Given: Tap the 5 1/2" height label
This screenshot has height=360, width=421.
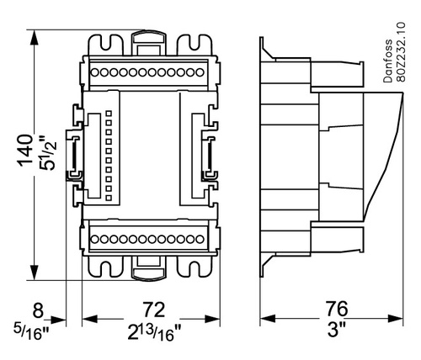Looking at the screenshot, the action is coord(48,153).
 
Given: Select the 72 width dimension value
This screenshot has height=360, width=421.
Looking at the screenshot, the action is coord(153,310).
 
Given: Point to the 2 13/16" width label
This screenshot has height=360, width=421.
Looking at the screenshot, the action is coord(154,332).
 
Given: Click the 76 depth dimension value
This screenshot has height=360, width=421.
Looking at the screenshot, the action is coord(337,309).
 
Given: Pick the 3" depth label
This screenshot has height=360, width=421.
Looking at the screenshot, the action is coord(337,329).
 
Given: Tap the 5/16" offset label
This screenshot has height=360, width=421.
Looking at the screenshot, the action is coord(31,332).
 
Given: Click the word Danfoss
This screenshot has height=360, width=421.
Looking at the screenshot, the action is coord(388,61).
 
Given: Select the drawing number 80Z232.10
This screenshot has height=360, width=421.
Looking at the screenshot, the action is coord(401,52).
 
